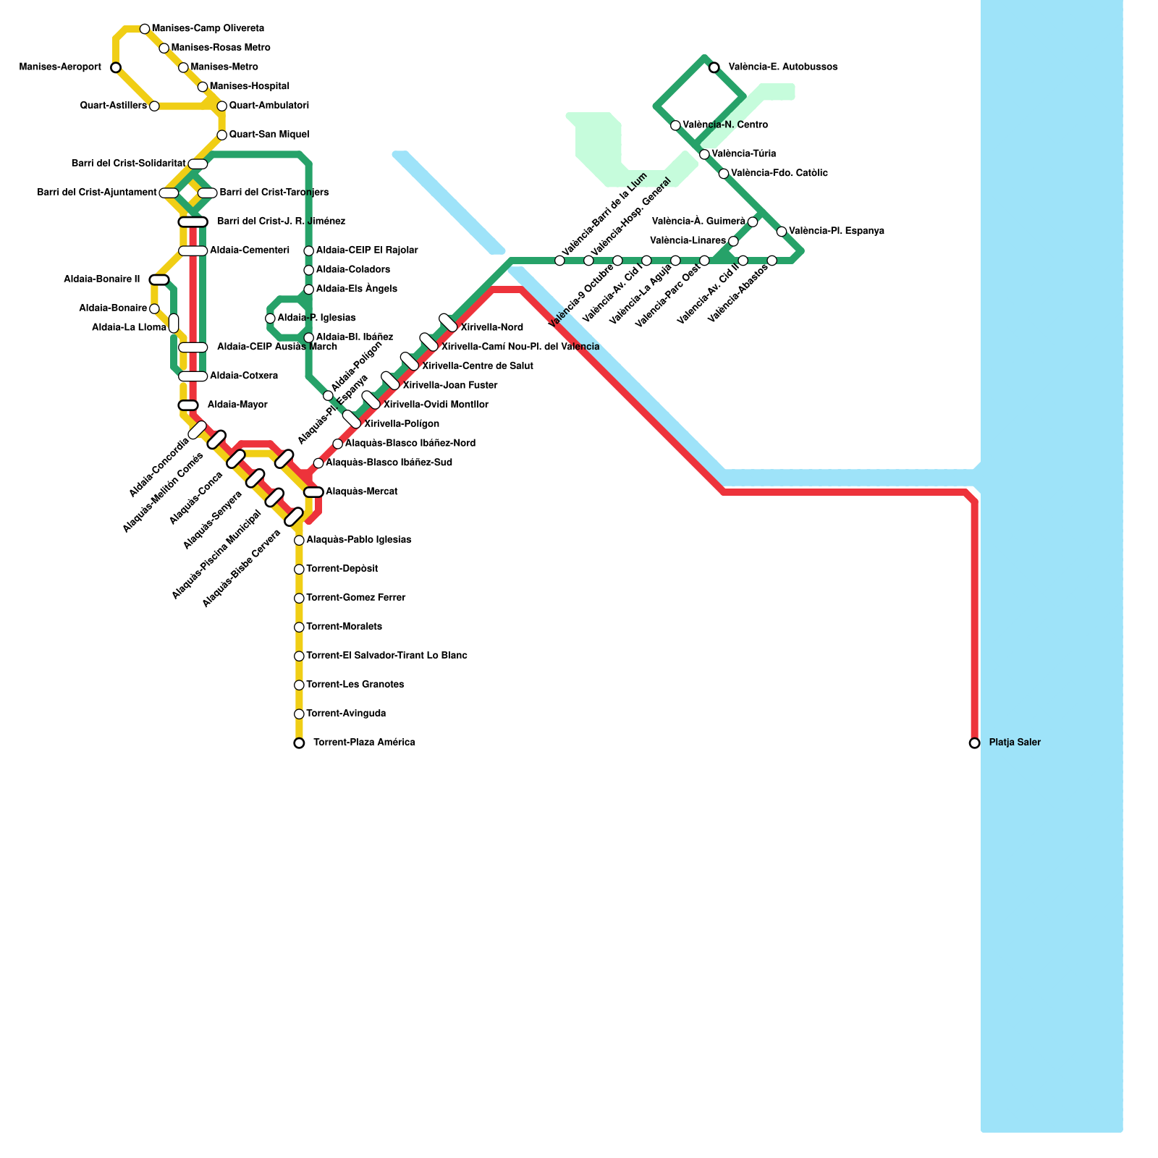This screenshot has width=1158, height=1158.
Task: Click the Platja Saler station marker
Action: (x=974, y=743)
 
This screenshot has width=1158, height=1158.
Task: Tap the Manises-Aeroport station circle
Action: (x=116, y=67)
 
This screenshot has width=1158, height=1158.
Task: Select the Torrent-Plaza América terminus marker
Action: (x=299, y=743)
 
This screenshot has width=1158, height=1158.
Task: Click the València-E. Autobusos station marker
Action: (x=714, y=67)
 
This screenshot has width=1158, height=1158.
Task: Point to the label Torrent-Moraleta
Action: (x=344, y=627)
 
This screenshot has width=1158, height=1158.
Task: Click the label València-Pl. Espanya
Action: (x=836, y=232)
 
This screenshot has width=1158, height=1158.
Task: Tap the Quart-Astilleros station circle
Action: (x=154, y=106)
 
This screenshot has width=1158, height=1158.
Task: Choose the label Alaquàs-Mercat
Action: (x=361, y=492)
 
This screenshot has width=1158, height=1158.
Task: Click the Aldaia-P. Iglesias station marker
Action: (x=270, y=318)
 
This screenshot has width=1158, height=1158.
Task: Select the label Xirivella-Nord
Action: (x=491, y=328)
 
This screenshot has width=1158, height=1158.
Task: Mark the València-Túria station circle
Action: (x=704, y=154)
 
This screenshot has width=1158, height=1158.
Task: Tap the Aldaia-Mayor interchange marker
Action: (x=188, y=405)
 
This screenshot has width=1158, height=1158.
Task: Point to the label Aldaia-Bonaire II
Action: (x=101, y=279)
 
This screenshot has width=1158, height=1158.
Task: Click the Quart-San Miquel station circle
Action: (x=222, y=135)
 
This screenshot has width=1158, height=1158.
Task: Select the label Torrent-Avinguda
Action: (x=346, y=714)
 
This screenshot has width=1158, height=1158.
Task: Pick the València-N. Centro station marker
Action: (x=675, y=125)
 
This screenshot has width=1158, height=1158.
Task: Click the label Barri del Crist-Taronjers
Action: (x=274, y=193)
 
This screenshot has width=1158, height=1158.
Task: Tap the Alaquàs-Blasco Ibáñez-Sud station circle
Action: (x=318, y=463)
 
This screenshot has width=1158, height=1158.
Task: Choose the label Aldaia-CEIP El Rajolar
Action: (x=367, y=250)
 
